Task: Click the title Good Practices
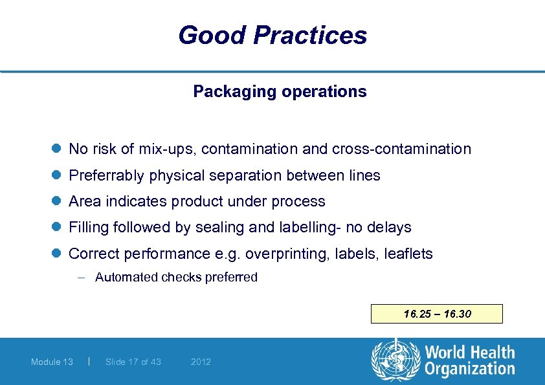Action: (x=272, y=35)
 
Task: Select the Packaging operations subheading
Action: (x=280, y=92)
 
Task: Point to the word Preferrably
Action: (x=107, y=176)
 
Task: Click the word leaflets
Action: (x=408, y=254)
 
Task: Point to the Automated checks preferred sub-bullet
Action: (x=176, y=278)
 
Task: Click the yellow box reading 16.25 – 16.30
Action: (x=437, y=314)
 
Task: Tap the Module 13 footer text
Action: (x=52, y=362)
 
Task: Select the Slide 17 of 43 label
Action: (x=133, y=362)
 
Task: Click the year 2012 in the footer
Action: (x=201, y=362)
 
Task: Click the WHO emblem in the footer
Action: (x=395, y=360)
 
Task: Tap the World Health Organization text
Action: (x=469, y=360)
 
